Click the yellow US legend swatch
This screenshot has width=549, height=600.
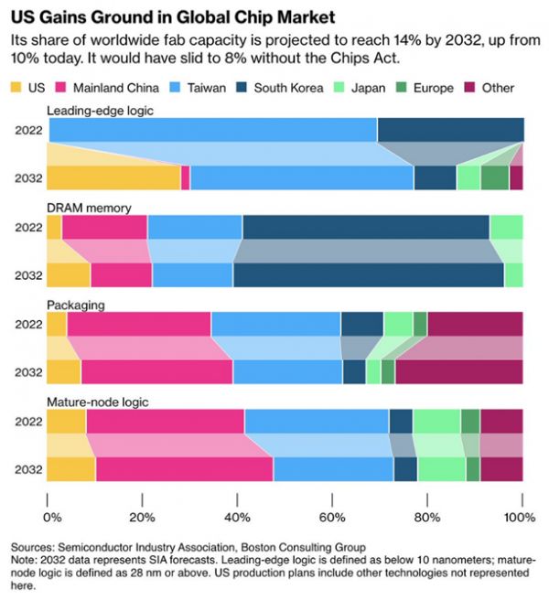click(x=19, y=88)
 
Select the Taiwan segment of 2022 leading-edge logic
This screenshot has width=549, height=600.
click(x=211, y=130)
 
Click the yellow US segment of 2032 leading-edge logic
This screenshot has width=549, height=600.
click(x=113, y=177)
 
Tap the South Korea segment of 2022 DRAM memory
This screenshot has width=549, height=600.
click(x=366, y=227)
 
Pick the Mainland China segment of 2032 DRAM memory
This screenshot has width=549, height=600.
click(x=121, y=274)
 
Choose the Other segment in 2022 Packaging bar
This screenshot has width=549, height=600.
click(x=475, y=324)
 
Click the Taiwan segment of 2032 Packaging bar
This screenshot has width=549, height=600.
click(x=287, y=371)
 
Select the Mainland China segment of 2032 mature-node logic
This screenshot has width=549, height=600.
click(x=184, y=467)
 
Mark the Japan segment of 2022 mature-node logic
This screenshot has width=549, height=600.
click(x=436, y=421)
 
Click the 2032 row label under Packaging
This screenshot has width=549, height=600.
click(x=27, y=371)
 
